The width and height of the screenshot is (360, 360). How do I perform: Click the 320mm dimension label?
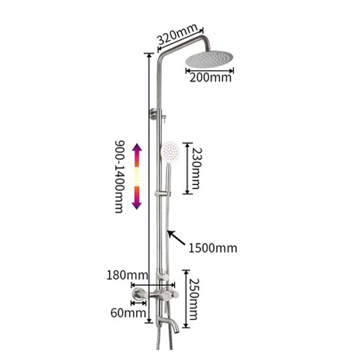click(177, 35)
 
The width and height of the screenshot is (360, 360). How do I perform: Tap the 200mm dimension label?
click(210, 77)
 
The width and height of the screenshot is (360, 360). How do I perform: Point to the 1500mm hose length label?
click(213, 248)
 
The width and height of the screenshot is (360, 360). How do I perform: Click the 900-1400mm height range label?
click(119, 176)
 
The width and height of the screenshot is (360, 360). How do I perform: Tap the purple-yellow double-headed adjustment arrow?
click(137, 176)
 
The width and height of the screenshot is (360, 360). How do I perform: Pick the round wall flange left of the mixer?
click(136, 295)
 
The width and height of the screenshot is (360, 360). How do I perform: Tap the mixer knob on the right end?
click(175, 295)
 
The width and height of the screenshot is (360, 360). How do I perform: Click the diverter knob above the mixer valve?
click(165, 276)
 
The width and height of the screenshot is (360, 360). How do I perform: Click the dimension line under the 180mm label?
click(153, 284)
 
